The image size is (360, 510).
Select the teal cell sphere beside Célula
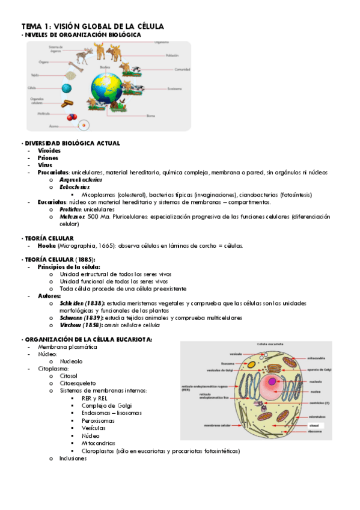[67, 88]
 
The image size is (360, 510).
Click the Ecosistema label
[175, 89]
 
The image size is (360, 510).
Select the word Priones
[47, 158]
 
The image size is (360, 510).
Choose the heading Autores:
[49, 296]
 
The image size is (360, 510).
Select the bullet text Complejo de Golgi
[106, 406]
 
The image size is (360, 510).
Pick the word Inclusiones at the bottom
[73, 458]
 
